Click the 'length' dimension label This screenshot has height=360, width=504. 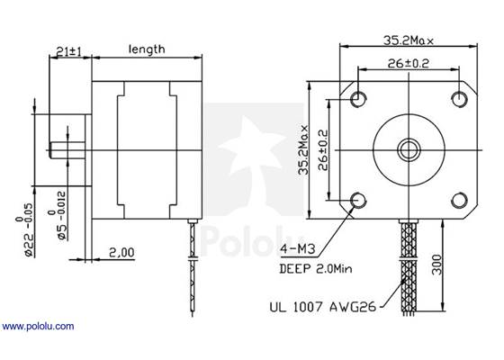click(146, 49)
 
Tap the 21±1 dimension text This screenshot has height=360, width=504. click(68, 52)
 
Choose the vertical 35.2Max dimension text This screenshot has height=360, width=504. click(306, 148)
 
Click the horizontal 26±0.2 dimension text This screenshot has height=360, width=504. click(409, 64)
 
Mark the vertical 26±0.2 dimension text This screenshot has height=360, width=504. click(324, 148)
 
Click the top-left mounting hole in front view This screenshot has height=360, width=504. click(359, 97)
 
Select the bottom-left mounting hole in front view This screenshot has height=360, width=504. click(359, 199)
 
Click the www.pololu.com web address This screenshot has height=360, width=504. click(38, 326)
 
